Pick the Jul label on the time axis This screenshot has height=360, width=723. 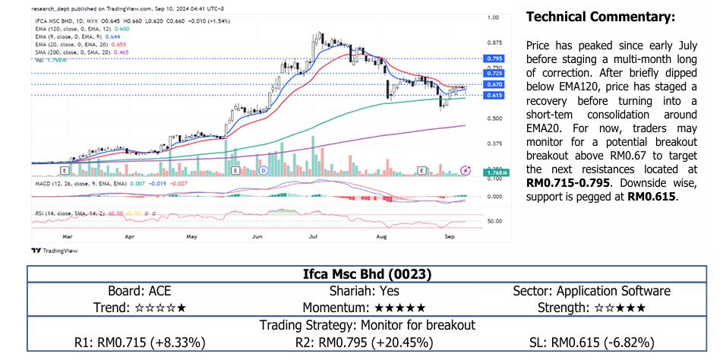click(x=313, y=236)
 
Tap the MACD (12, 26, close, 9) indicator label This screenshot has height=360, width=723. click(x=68, y=184)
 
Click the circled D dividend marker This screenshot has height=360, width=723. click(x=263, y=172)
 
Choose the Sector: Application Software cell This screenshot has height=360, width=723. click(x=592, y=291)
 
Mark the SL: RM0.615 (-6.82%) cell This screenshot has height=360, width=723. click(x=592, y=342)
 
